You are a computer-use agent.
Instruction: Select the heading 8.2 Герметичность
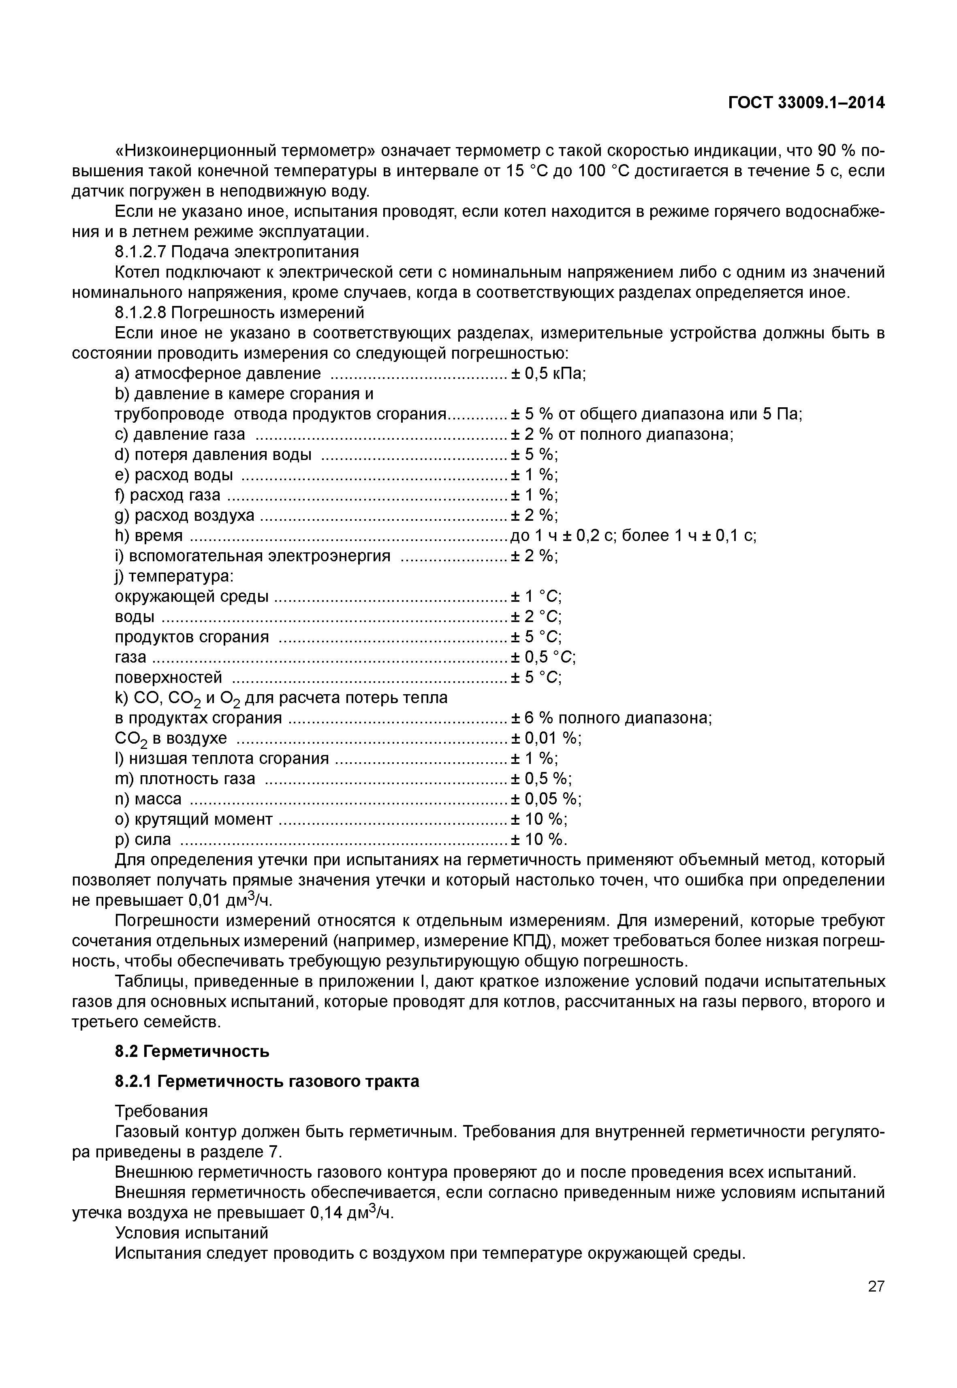(x=192, y=1051)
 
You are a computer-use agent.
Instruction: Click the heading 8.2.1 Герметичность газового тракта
(x=267, y=1081)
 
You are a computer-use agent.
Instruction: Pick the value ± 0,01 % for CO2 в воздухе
(x=546, y=738)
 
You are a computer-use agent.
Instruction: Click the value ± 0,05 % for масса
(x=546, y=799)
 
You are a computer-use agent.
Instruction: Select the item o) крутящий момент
(x=193, y=819)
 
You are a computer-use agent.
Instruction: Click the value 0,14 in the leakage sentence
(x=326, y=1213)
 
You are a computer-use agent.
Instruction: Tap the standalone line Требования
(x=161, y=1112)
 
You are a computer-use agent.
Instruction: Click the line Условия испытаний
(x=191, y=1233)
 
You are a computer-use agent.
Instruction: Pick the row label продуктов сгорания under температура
(x=191, y=637)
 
